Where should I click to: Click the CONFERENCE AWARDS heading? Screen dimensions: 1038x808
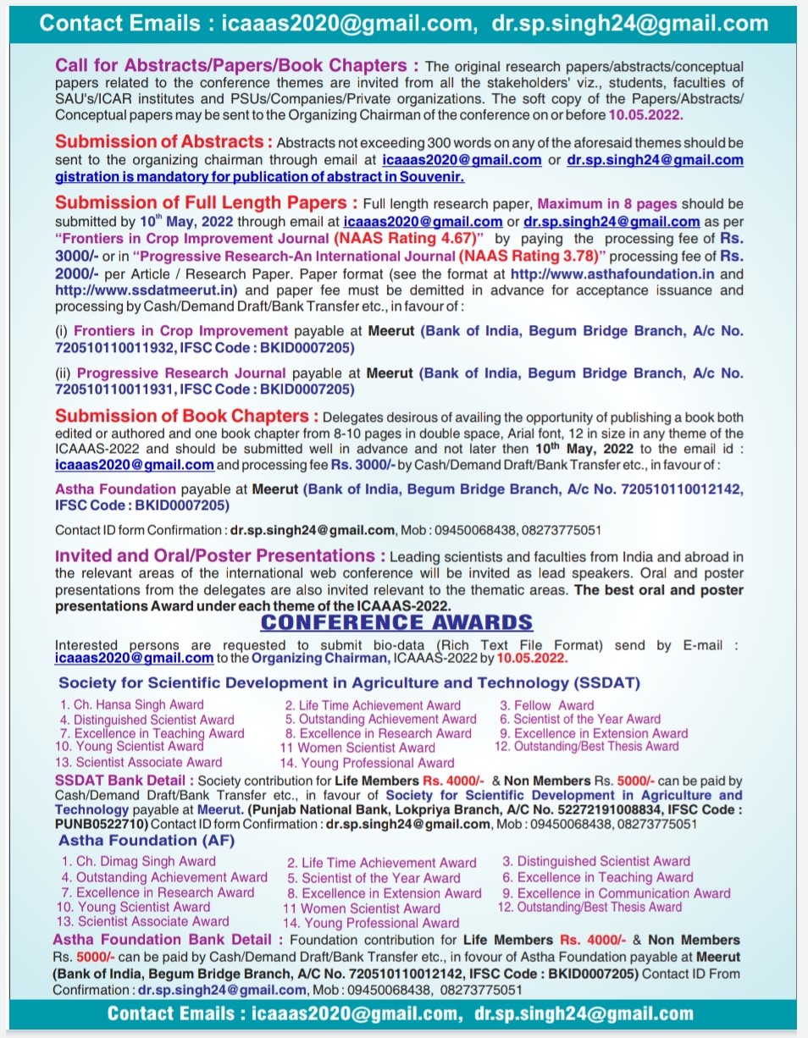click(396, 623)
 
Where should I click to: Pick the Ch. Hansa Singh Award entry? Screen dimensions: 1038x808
click(132, 704)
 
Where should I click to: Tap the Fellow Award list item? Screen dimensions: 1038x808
click(547, 705)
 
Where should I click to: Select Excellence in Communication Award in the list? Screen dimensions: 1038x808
click(616, 893)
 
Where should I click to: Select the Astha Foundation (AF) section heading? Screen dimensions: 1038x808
click(147, 841)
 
